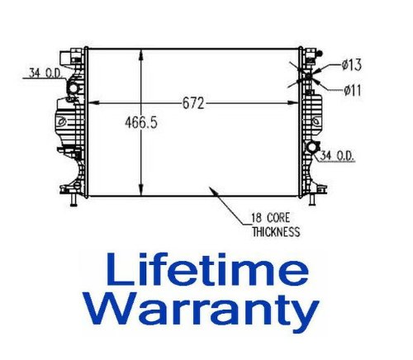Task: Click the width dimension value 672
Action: coord(192,103)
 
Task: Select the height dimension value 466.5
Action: coord(141,123)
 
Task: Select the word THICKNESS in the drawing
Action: coord(275,232)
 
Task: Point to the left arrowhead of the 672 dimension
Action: coord(92,103)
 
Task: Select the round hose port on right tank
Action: coord(313,148)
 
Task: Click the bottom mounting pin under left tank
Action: coord(74,203)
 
